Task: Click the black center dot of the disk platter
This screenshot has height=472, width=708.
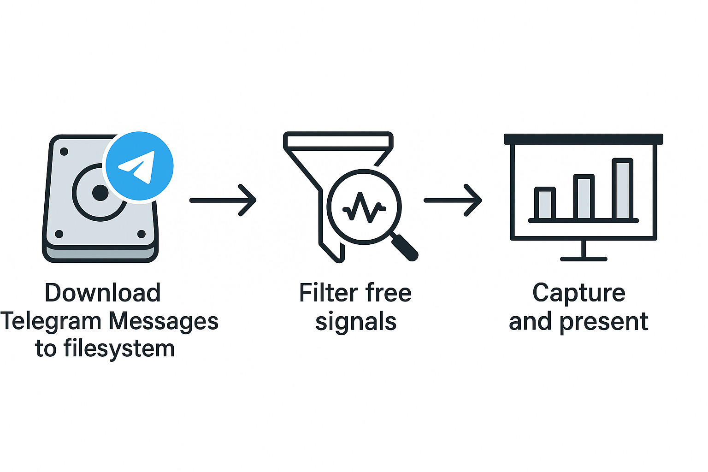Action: pos(100,193)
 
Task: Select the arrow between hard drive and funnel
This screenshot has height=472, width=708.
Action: pos(223,200)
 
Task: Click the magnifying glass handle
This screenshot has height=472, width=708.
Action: pos(404,247)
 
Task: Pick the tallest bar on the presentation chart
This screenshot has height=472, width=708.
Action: pos(622,189)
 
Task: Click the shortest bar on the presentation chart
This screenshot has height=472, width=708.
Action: pos(545,203)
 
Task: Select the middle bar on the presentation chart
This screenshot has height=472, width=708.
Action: pos(584,197)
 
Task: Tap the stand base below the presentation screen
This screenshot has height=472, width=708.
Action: pos(584,259)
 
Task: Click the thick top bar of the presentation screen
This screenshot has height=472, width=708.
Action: pos(583,139)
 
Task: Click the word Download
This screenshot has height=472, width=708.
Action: pos(102,293)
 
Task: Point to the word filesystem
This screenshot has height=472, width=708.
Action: pos(119,349)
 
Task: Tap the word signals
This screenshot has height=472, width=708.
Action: pos(355,322)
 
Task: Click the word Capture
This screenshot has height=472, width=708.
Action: pos(578,293)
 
